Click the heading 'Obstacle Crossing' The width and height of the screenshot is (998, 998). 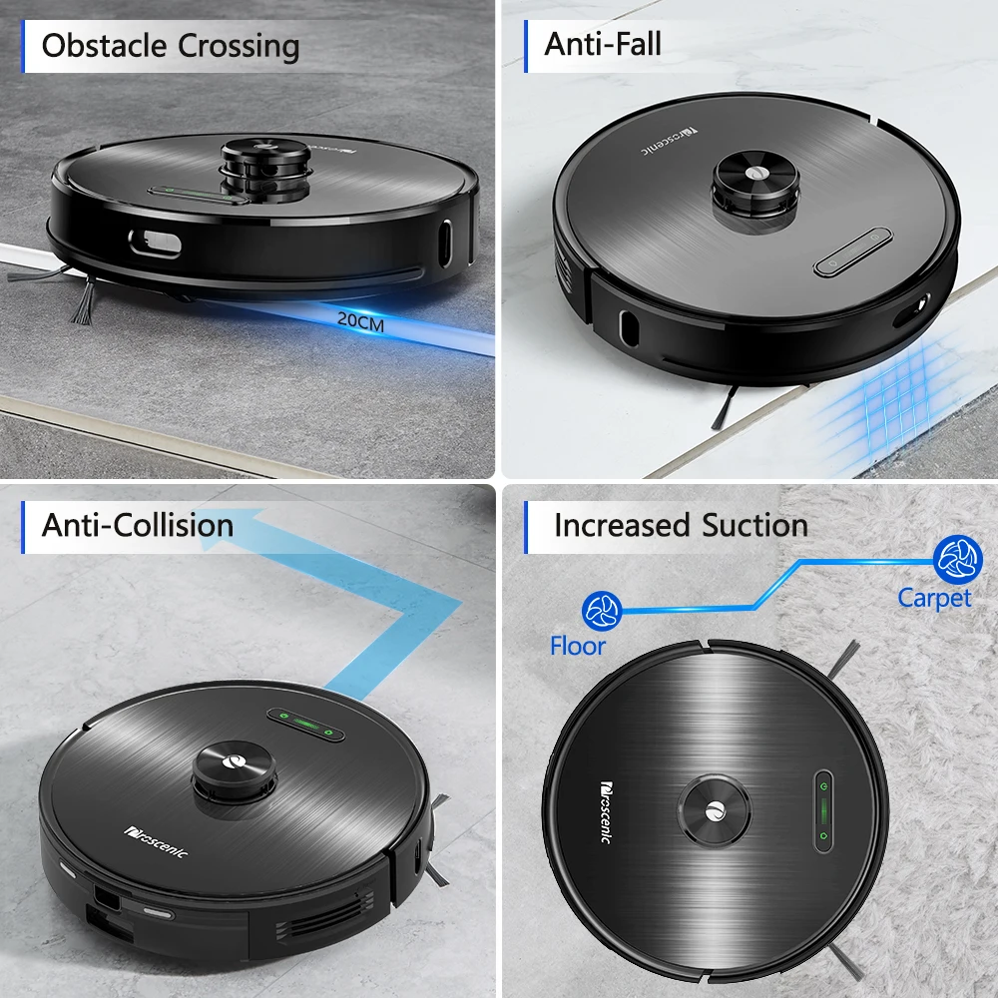coord(171,46)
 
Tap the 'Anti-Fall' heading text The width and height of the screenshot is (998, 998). coord(603,44)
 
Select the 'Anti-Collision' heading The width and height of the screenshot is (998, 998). coord(138,526)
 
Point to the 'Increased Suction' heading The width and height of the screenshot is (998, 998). coord(681,526)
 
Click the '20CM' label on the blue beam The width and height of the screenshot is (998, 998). coord(360,321)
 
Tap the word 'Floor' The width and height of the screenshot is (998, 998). coord(577,646)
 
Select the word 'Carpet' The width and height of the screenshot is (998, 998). coord(934,598)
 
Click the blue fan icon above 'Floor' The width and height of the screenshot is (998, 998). coord(602,611)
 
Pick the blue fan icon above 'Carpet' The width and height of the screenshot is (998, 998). coord(958,560)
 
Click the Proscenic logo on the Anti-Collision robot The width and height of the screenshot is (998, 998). coord(156,842)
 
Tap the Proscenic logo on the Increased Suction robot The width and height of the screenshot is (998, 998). coord(606,812)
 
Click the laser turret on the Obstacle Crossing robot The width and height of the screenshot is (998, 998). coord(266,168)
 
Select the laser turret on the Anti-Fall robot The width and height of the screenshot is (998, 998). coord(755,189)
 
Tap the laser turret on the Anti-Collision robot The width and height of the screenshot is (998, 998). coord(235,774)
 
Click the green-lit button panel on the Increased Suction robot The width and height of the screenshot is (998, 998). coord(823,811)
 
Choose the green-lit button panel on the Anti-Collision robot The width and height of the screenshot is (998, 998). coord(305,725)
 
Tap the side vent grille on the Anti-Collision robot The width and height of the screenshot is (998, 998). coord(324,915)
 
